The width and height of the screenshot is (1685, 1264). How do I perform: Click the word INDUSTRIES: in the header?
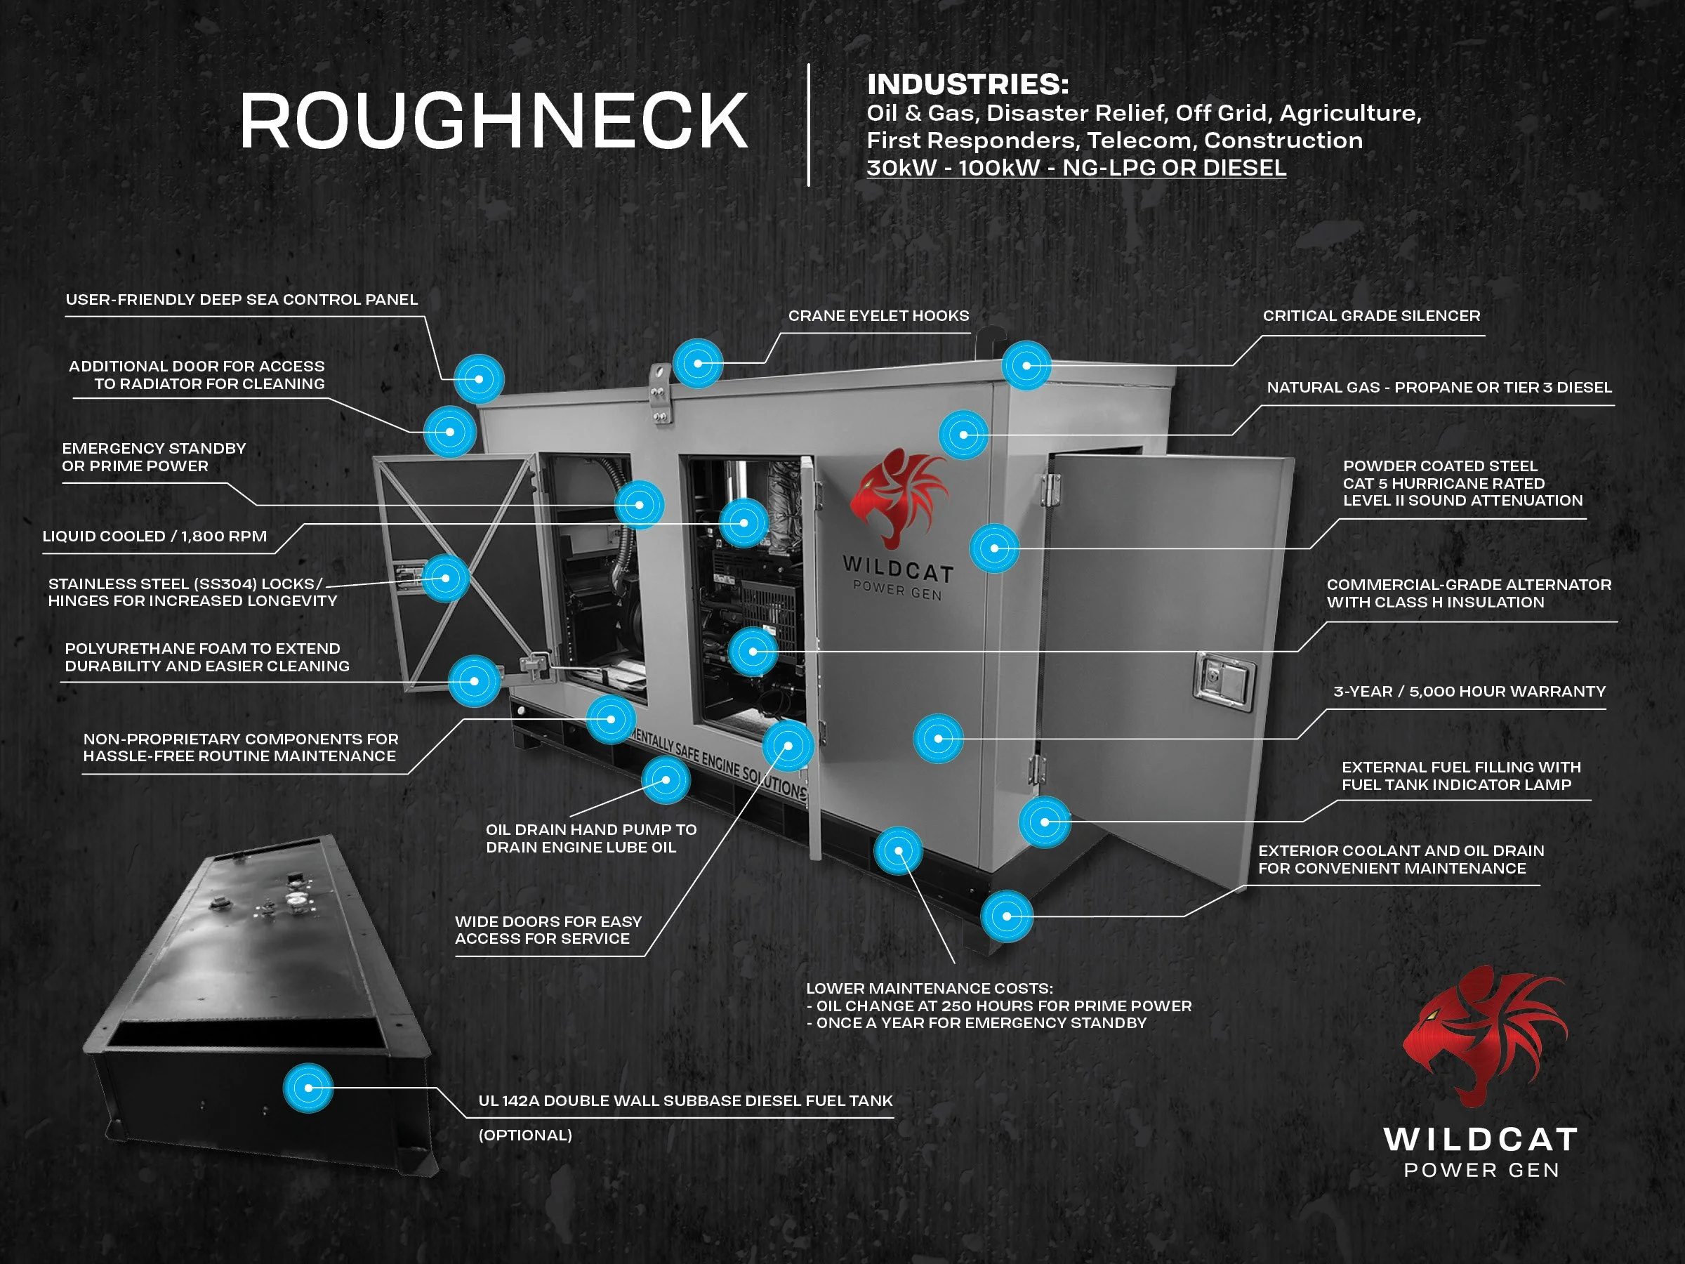tap(967, 84)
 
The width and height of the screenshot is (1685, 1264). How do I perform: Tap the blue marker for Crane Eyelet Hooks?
tap(698, 364)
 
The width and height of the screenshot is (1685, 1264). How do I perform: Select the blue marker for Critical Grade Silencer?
tap(1026, 366)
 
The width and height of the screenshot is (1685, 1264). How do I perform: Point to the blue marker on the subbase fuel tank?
tap(308, 1087)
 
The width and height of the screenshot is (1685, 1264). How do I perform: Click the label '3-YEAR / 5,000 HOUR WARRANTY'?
tap(1469, 691)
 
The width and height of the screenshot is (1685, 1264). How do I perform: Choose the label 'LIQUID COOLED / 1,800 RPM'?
tap(154, 536)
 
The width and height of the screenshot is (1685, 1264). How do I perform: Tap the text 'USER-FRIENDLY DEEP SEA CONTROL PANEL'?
tap(242, 299)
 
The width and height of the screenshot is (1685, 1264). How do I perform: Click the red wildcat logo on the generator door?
tap(899, 495)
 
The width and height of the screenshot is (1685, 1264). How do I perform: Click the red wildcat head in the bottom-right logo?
tap(1481, 1036)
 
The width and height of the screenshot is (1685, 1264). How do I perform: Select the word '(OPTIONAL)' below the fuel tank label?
tap(525, 1135)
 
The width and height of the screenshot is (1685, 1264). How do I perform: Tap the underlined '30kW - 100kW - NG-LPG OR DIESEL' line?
tap(1076, 168)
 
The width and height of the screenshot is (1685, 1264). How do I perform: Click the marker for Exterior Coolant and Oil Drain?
tap(1007, 916)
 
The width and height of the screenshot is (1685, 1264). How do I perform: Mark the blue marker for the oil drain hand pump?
tap(666, 780)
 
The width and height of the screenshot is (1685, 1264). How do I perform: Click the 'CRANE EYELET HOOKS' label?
tap(878, 315)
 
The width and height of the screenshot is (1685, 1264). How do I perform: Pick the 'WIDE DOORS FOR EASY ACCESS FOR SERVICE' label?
tap(548, 930)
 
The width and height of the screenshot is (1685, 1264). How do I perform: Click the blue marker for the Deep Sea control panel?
tap(479, 378)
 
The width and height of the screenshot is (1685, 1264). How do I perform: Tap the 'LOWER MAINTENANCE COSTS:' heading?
tap(930, 988)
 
